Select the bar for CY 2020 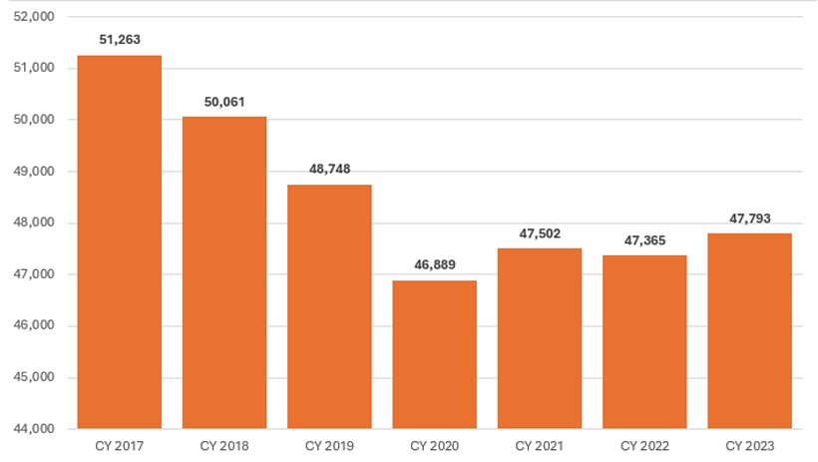435,354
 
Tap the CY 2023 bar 749,330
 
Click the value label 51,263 119,40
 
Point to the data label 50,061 224,102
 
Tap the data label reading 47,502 540,233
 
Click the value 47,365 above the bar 644,240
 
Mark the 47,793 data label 749,219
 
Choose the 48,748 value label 329,169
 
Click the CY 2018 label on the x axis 224,445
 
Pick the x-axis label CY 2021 540,445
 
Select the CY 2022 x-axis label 644,445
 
